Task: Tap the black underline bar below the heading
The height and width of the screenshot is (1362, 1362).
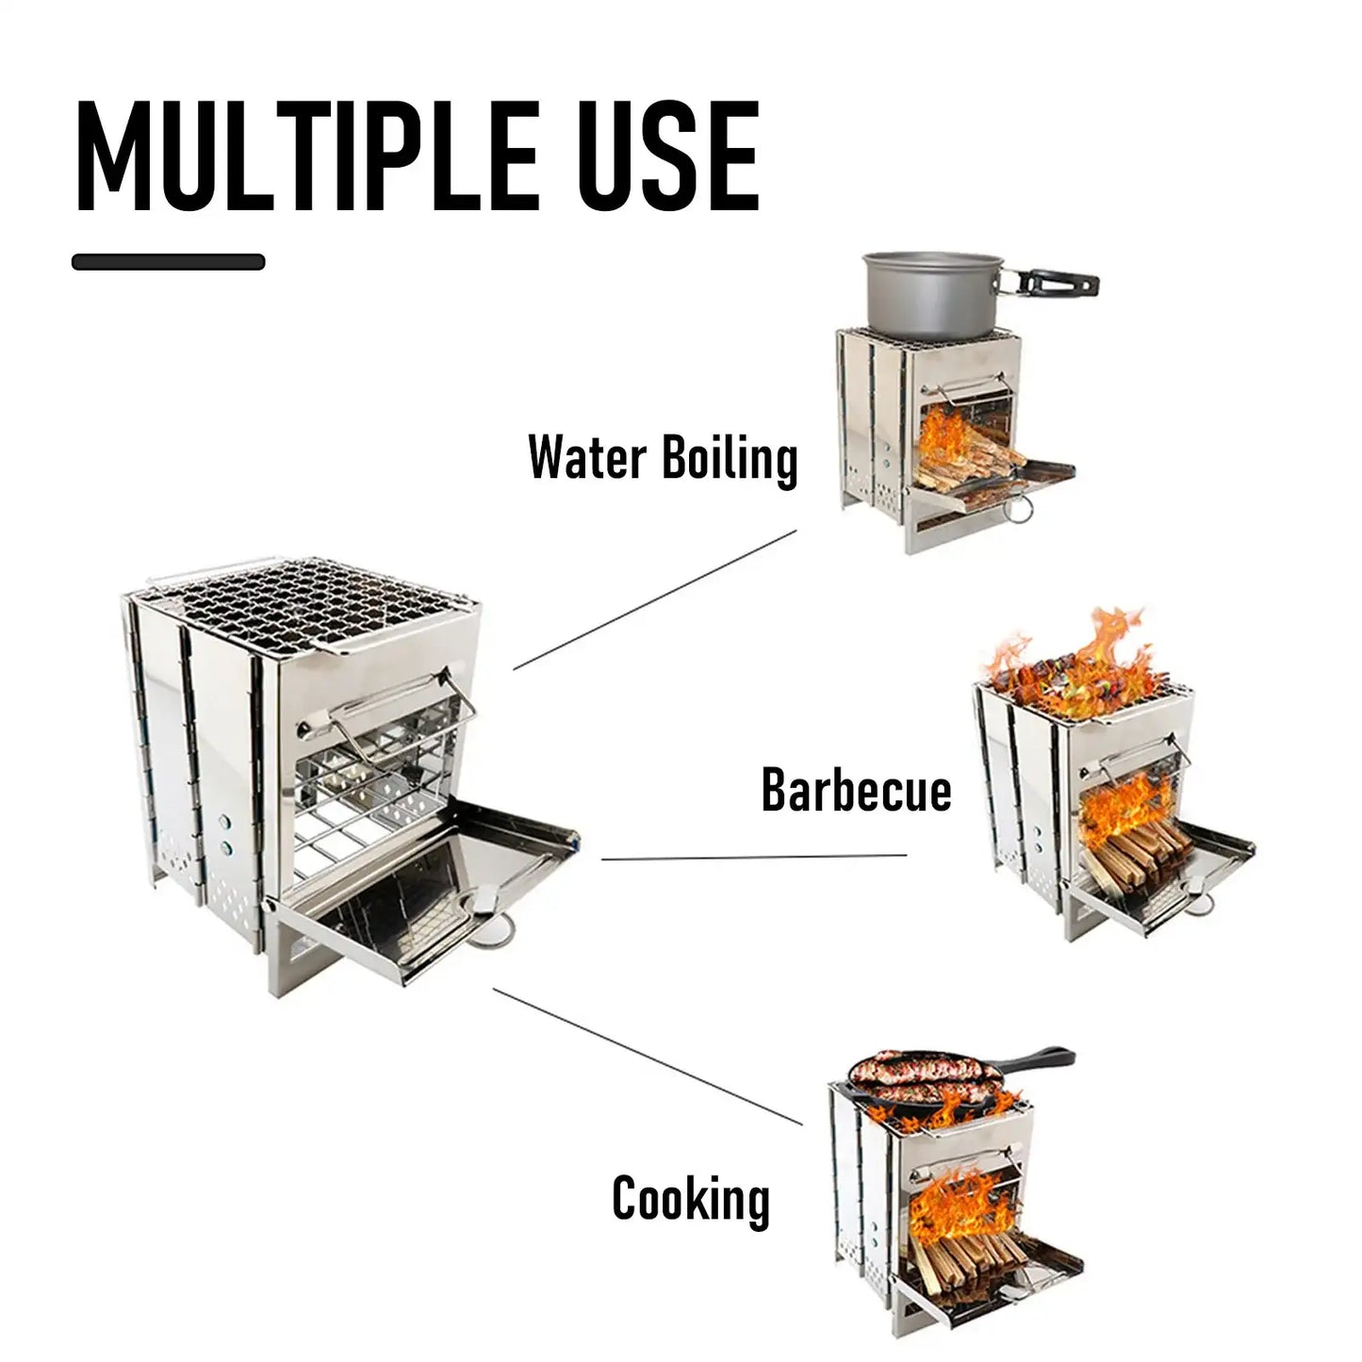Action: coord(168,262)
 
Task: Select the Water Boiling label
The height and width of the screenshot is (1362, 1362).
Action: coord(663,458)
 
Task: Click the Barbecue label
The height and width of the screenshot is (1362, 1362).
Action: coord(856,790)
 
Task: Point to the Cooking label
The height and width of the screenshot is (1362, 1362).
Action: coord(691,1199)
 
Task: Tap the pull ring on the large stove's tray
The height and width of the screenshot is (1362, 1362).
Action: coord(492,933)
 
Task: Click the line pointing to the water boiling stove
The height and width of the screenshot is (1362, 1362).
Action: coord(655,599)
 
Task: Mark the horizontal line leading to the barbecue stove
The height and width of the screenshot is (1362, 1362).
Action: coord(754,858)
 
